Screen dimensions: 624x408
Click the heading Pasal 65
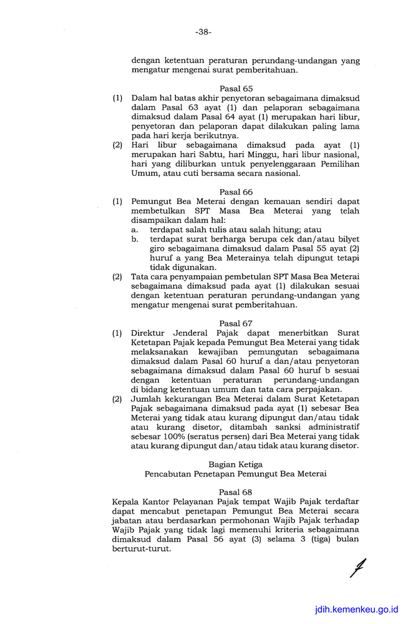click(236, 89)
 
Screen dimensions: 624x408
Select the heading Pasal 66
click(236, 192)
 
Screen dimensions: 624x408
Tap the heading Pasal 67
click(236, 323)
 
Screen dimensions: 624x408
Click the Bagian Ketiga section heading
click(236, 464)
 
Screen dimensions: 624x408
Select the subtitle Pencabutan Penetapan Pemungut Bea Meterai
click(236, 474)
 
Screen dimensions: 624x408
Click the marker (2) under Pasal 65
click(117, 145)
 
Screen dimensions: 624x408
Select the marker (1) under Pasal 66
click(117, 202)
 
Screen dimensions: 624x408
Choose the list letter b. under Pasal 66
click(135, 240)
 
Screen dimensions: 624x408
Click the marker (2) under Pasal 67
click(117, 399)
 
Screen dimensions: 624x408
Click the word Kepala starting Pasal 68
click(126, 502)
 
